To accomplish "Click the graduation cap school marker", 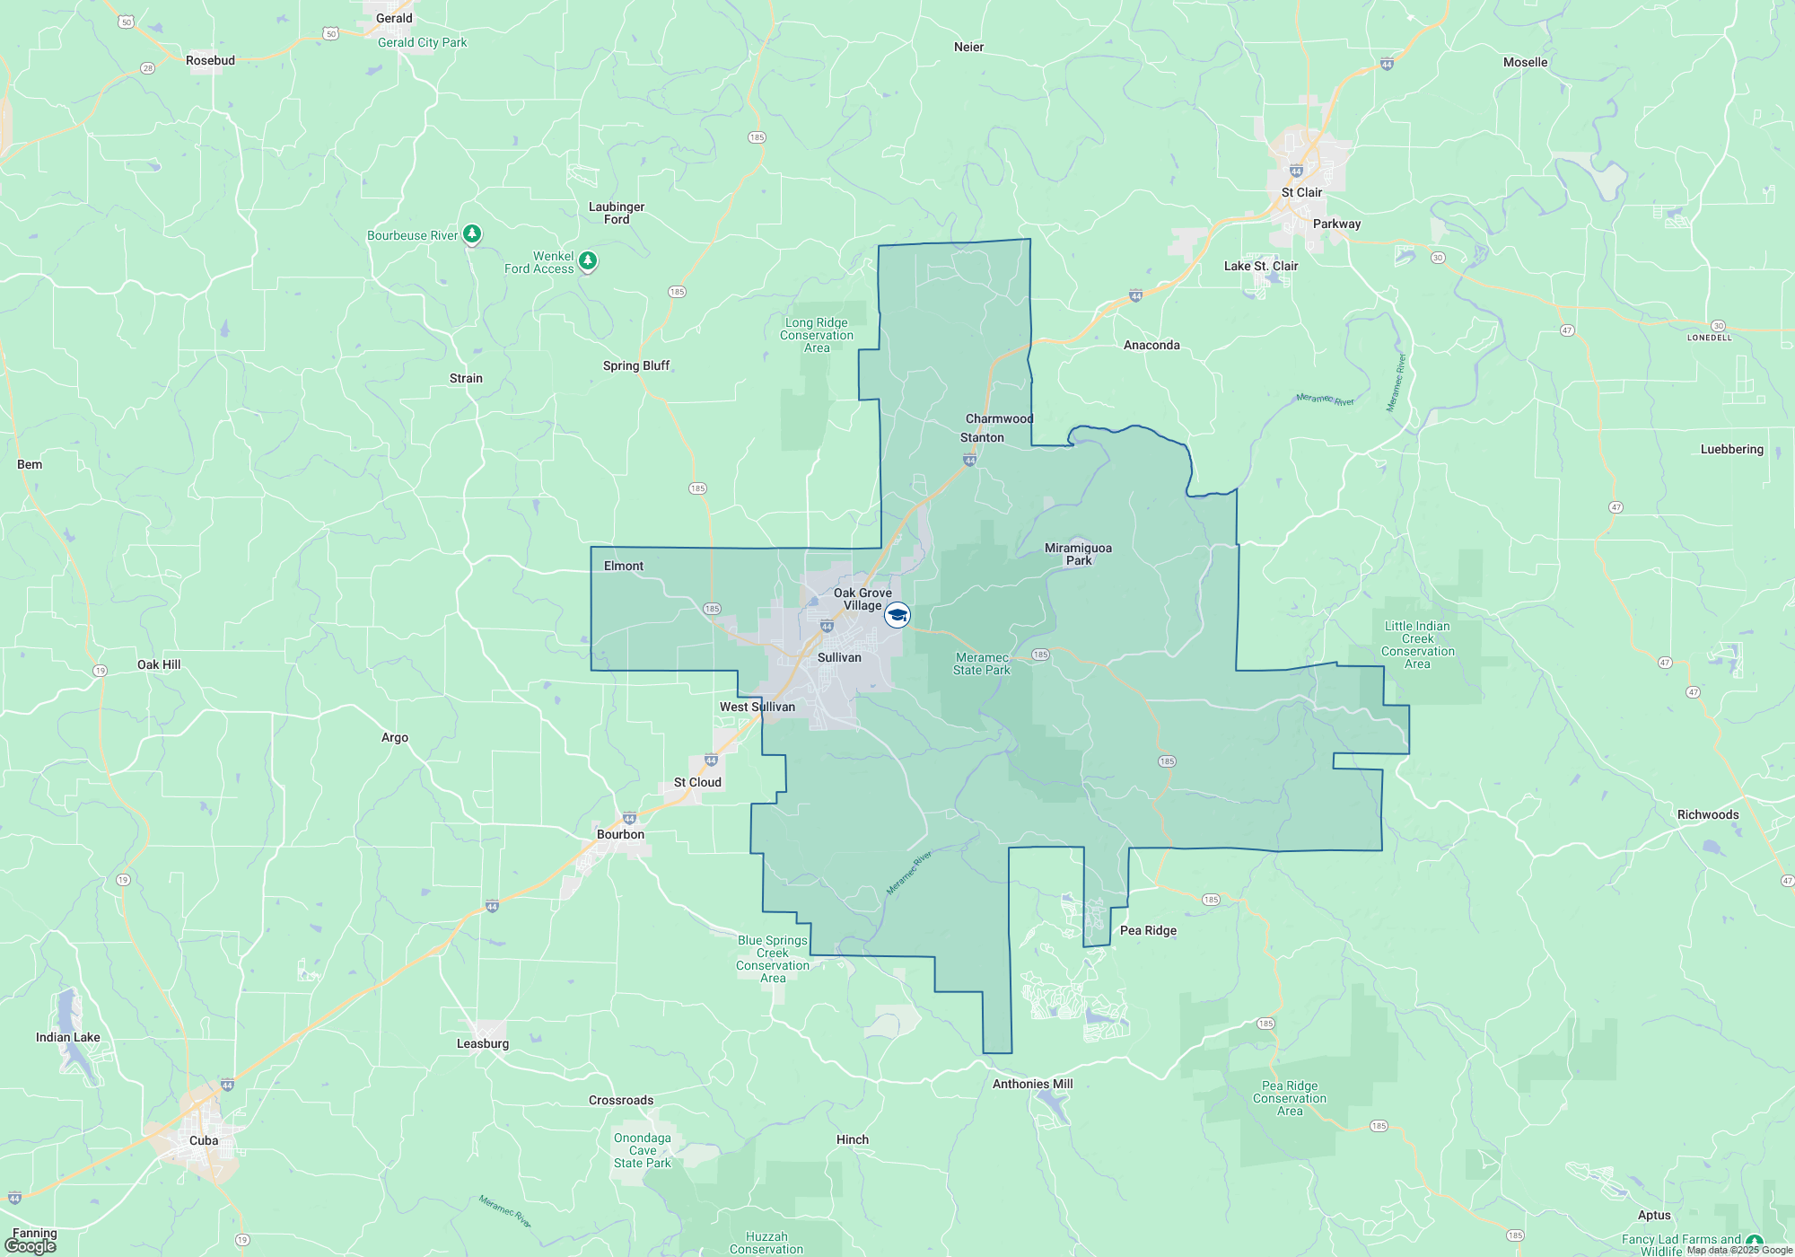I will [x=897, y=615].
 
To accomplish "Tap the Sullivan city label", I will [x=839, y=657].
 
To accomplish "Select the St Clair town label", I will [x=1301, y=192].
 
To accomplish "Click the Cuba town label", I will [x=204, y=1140].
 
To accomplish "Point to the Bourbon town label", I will [x=620, y=834].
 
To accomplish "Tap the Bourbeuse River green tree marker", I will [x=471, y=234].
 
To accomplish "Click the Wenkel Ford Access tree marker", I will [x=587, y=261].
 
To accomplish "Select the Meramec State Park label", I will [x=981, y=664].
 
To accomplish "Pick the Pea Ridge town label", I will [x=1148, y=930].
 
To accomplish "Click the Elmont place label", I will [x=624, y=566].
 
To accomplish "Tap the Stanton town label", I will [x=982, y=437].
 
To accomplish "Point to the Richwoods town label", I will [x=1708, y=814].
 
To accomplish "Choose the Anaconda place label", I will [x=1151, y=345].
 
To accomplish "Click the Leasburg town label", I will [x=483, y=1043].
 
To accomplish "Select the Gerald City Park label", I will [x=422, y=42].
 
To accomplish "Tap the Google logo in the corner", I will [x=31, y=1245].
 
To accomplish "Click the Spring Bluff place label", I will [x=635, y=365].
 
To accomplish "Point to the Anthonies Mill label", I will [x=1032, y=1084].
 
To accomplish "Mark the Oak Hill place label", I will [x=159, y=664].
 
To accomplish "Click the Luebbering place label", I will [x=1731, y=449].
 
